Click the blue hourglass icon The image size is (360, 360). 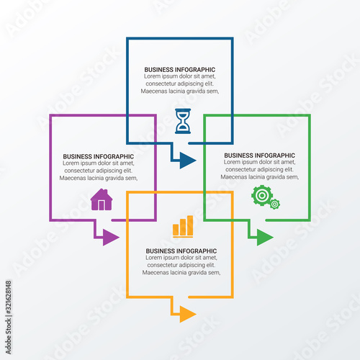[183, 121]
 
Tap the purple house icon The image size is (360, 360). [102, 199]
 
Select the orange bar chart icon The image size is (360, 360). [183, 227]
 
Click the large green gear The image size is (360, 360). [262, 195]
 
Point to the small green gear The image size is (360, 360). [275, 204]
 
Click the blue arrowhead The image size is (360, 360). [188, 161]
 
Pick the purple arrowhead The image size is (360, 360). [111, 238]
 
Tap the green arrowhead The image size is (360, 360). [265, 238]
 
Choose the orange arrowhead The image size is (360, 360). [188, 314]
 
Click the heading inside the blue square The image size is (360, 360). [180, 70]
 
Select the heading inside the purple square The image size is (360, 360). [99, 156]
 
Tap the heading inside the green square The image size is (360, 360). [260, 156]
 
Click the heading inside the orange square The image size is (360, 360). [181, 251]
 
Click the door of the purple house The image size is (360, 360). [102, 205]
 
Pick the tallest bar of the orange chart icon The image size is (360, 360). [190, 225]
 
